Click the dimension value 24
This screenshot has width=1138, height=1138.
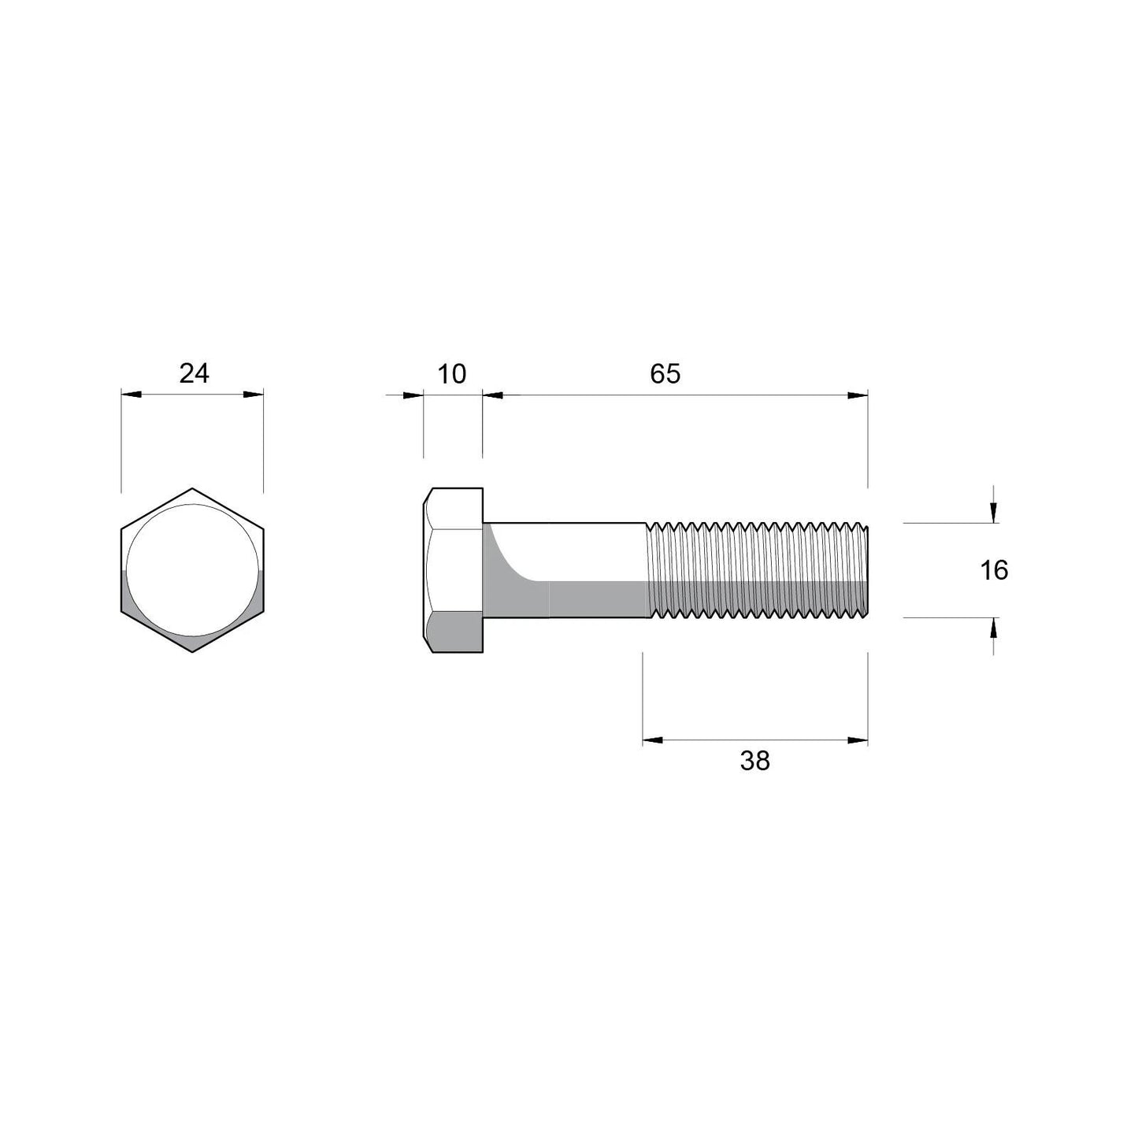(194, 373)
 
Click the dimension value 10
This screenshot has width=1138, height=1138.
(452, 373)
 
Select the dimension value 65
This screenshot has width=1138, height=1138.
(665, 373)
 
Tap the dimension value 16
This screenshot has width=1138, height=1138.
(994, 569)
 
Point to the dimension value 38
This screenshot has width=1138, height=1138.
(754, 761)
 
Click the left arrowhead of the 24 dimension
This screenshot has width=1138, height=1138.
(131, 395)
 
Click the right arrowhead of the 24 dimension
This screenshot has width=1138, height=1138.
(254, 395)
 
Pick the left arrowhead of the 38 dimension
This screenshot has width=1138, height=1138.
(653, 740)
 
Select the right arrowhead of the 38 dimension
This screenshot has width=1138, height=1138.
(858, 740)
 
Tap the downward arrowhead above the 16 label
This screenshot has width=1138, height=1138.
(994, 513)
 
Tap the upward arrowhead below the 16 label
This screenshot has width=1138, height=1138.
(994, 628)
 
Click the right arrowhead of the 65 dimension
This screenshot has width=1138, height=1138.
(858, 395)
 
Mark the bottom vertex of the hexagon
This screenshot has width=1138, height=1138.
(193, 652)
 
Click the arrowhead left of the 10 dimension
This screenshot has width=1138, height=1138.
(413, 395)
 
